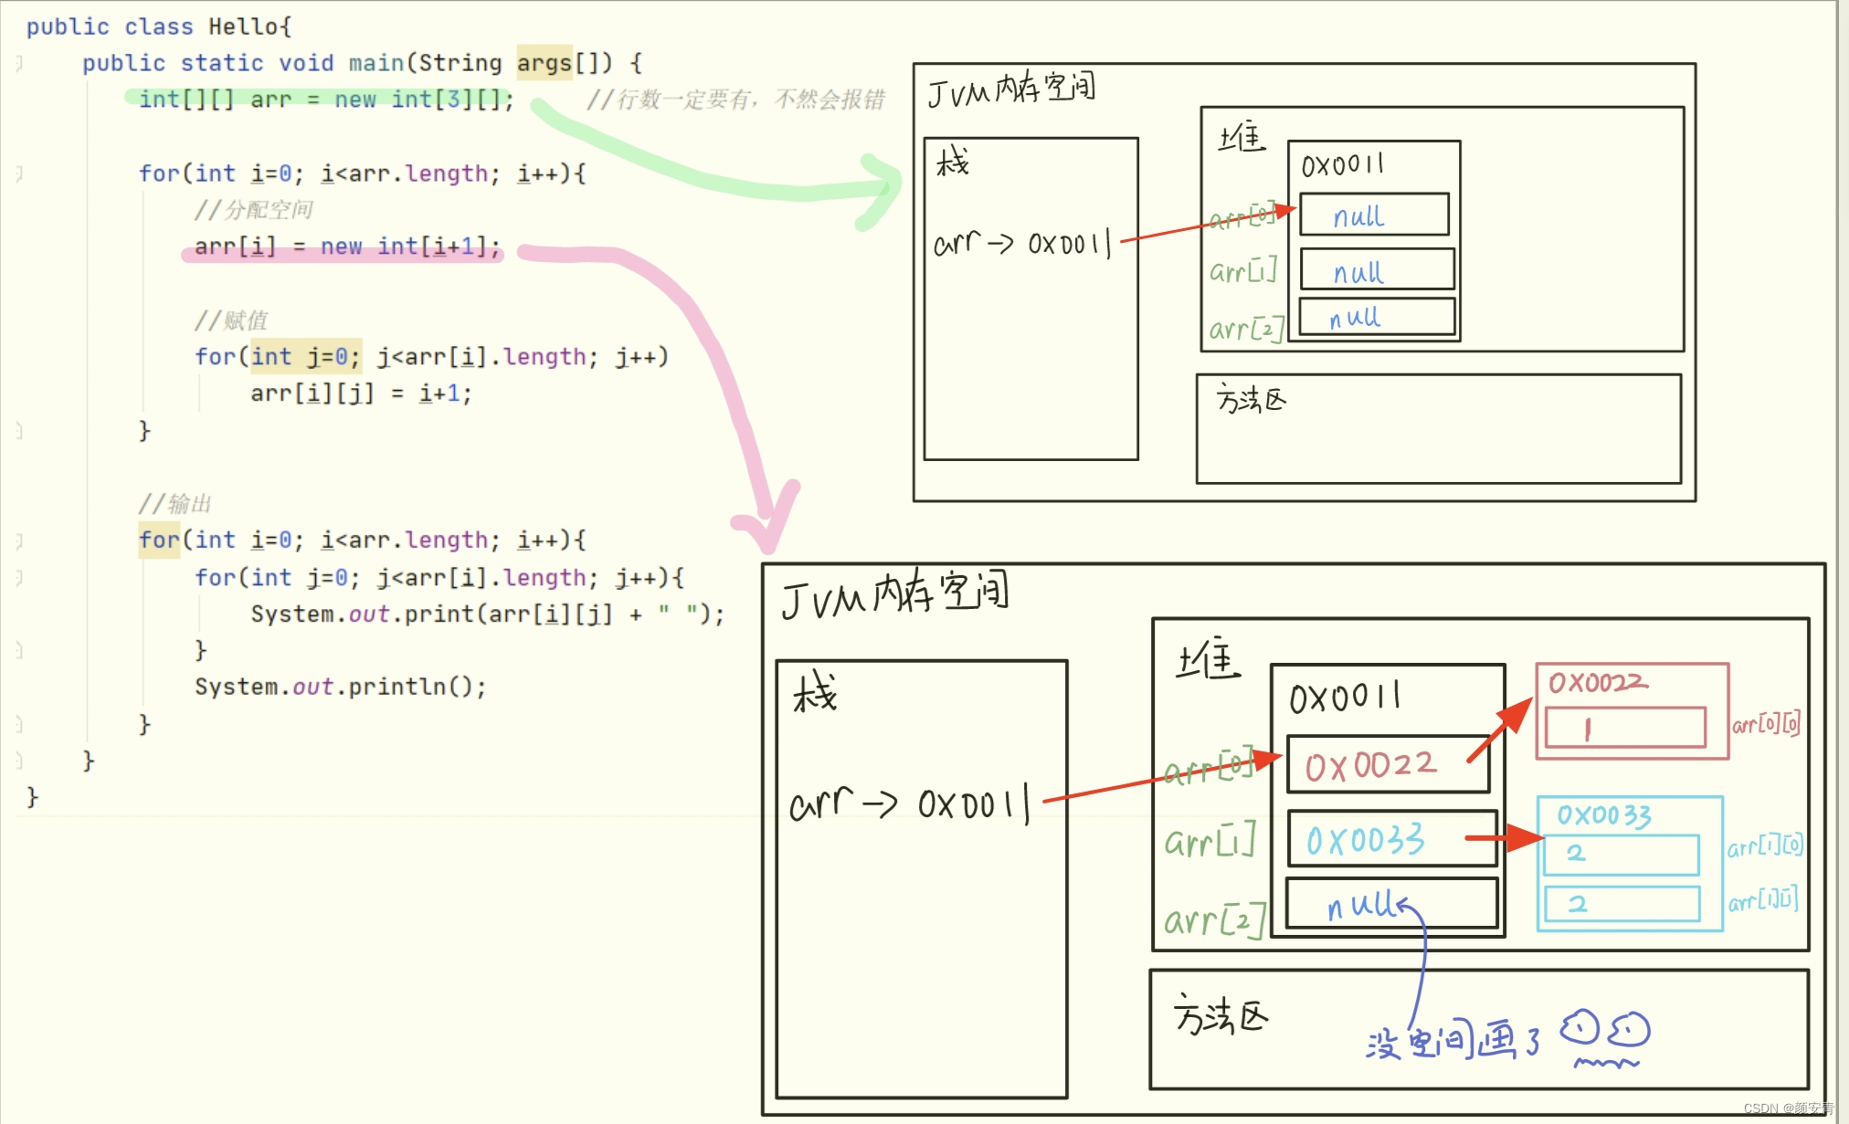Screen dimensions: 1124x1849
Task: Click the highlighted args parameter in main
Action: click(x=544, y=63)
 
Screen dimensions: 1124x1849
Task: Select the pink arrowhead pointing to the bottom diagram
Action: click(x=767, y=525)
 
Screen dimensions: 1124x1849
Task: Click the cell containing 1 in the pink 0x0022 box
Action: click(x=1624, y=728)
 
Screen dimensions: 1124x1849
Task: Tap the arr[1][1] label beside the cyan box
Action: click(x=1763, y=900)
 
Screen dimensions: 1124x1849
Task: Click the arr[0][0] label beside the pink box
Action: click(x=1766, y=724)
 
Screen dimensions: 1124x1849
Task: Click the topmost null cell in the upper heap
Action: click(x=1373, y=215)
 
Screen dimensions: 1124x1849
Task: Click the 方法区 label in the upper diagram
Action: click(x=1251, y=399)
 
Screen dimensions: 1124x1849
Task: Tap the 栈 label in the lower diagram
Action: click(x=814, y=691)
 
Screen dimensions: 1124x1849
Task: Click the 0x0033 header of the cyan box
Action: click(x=1604, y=814)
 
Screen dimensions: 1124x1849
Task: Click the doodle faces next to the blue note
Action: click(x=1605, y=1036)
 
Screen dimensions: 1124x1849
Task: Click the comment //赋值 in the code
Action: click(x=230, y=320)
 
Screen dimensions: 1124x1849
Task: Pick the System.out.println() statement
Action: click(x=340, y=687)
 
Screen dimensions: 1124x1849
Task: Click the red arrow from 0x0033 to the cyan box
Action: click(x=1504, y=836)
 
